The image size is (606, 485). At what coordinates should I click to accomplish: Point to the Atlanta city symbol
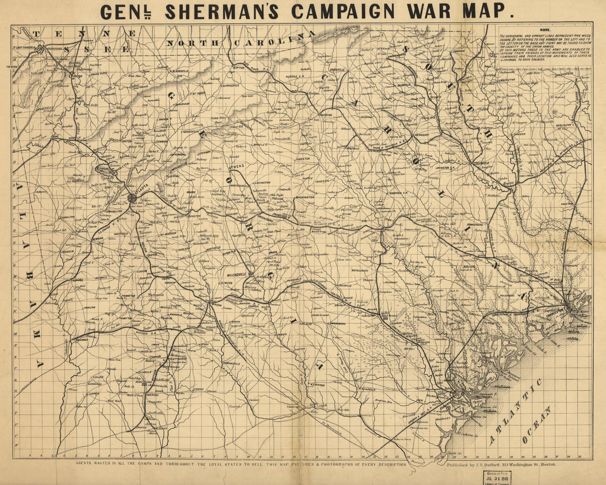tap(132, 197)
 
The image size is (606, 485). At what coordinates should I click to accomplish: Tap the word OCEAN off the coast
tap(540, 425)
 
